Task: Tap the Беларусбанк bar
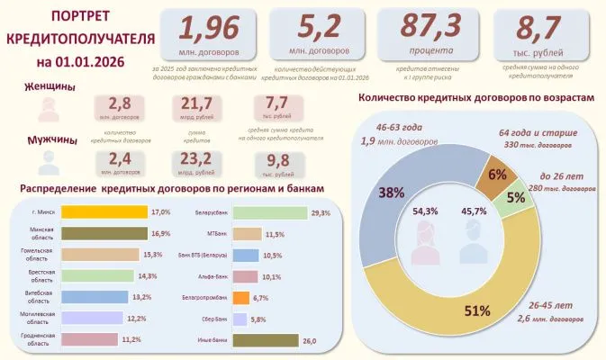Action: click(269, 212)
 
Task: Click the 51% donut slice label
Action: click(478, 310)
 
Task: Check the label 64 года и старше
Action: click(535, 133)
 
